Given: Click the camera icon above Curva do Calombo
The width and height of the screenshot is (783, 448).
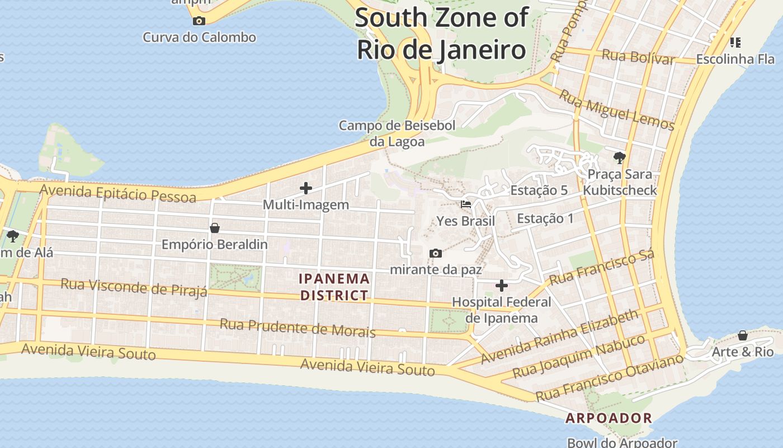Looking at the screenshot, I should click(x=199, y=21).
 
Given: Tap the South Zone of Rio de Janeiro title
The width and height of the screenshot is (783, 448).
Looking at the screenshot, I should click(x=441, y=34).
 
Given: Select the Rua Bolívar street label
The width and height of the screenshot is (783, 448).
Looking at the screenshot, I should click(x=638, y=57).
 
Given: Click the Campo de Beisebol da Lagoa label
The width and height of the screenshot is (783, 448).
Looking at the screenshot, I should click(x=397, y=133).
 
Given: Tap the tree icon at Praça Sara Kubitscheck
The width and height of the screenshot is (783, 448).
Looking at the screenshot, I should click(x=619, y=157).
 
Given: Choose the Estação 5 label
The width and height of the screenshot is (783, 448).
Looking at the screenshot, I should click(x=539, y=190).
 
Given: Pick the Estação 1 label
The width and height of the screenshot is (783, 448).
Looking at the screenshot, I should click(x=545, y=218).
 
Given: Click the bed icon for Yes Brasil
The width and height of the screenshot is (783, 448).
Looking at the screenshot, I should click(x=465, y=204).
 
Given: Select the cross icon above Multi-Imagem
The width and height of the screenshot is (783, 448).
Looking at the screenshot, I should click(x=305, y=188).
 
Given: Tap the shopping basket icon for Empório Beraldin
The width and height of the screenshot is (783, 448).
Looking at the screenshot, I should click(x=214, y=228).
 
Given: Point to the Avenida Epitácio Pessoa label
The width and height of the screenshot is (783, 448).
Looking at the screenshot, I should click(x=118, y=193).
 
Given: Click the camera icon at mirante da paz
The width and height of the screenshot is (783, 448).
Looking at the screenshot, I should click(x=436, y=254).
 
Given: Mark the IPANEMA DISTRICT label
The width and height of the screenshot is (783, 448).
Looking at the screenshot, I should click(x=334, y=287).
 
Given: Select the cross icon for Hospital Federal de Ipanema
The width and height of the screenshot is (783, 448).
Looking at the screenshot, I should click(x=502, y=286).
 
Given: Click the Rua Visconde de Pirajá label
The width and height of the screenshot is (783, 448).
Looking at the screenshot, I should click(x=134, y=287).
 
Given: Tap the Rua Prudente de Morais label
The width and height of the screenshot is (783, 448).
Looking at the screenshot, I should click(x=297, y=328).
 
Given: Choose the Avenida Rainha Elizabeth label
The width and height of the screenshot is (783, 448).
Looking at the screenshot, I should click(x=559, y=336).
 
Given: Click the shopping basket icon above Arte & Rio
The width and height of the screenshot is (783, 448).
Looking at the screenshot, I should click(x=742, y=335).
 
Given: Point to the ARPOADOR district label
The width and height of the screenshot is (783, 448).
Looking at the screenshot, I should click(x=609, y=418).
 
